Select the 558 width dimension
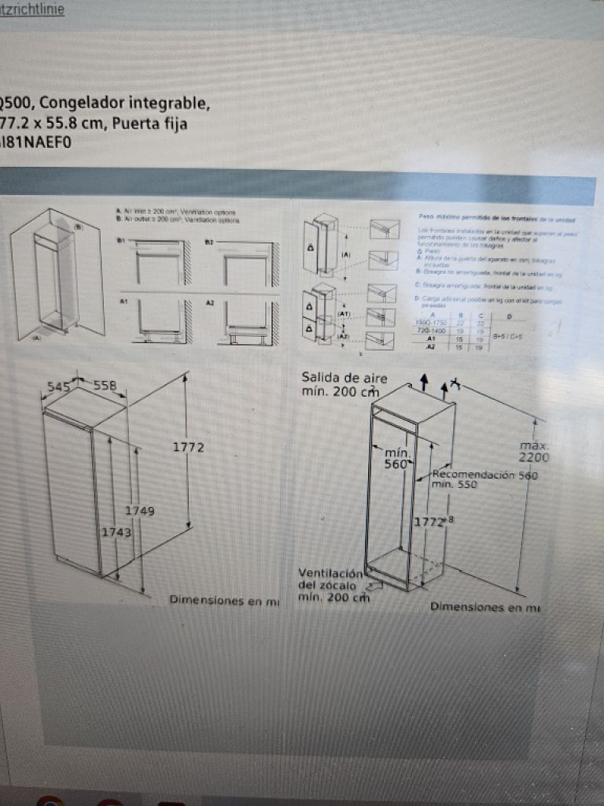coord(105,386)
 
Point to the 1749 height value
coord(139,511)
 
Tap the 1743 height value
coord(116,532)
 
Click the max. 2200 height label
coord(535,452)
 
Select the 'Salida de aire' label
coord(344,379)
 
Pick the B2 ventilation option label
coord(209,239)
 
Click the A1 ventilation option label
coord(122,301)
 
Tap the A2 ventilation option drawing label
coord(209,301)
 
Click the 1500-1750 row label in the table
coord(429,324)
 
